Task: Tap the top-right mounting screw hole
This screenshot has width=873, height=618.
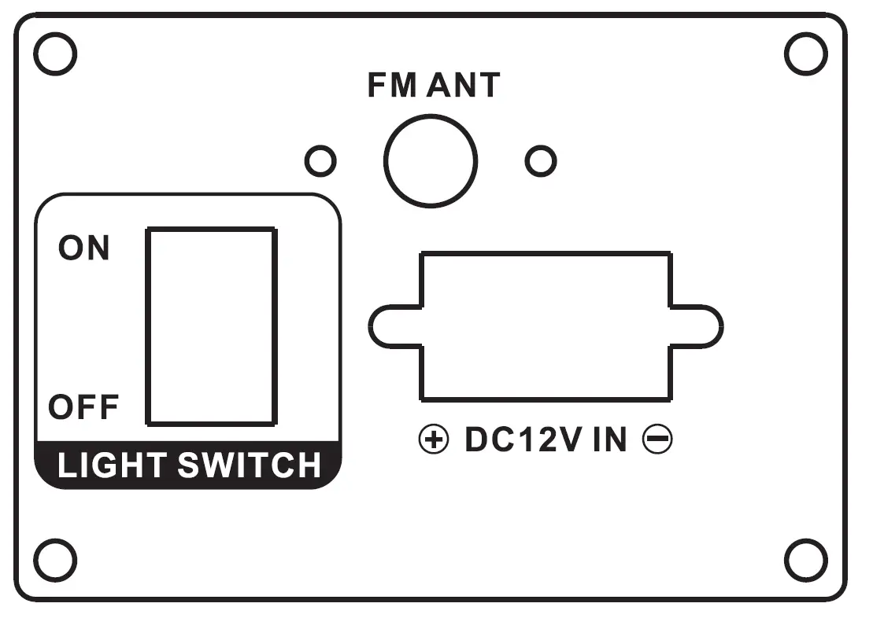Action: (806, 55)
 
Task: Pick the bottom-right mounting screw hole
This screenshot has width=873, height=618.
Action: (806, 560)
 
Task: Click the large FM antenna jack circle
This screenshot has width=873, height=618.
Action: (431, 160)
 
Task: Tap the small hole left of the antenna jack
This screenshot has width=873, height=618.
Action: (320, 161)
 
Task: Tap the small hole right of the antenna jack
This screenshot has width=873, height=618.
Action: (540, 161)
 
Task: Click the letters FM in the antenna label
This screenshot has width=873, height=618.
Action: (391, 85)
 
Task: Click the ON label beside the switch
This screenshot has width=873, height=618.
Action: (84, 248)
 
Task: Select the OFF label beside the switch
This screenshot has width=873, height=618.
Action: (83, 407)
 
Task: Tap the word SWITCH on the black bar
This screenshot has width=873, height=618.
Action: (250, 465)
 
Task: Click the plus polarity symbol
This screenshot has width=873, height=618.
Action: (433, 440)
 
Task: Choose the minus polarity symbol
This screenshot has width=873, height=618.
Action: (657, 440)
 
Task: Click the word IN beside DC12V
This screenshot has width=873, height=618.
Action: (609, 440)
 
